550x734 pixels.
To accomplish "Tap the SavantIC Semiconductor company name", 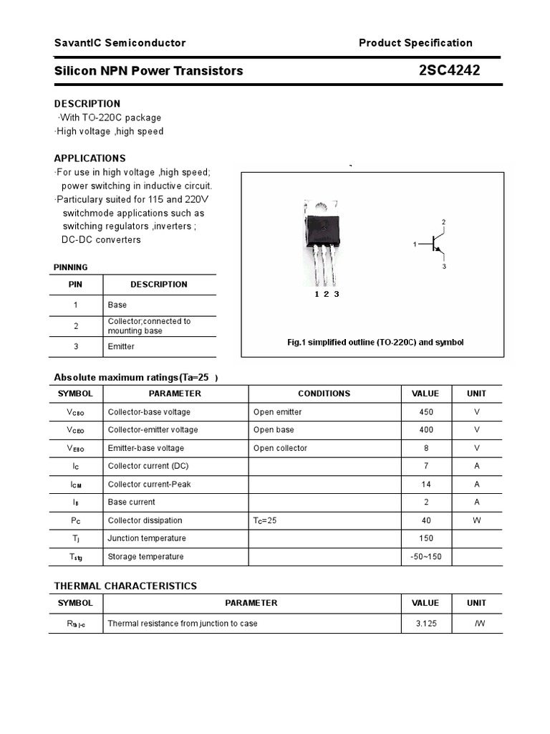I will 120,43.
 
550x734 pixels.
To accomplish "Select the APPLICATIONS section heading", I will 90,158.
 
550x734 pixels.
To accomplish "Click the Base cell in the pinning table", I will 117,305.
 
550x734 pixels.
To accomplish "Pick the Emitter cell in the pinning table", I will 121,346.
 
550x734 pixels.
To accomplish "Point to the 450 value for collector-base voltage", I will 426,412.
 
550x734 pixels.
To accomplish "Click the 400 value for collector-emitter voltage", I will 426,430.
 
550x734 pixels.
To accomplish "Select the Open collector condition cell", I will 280,448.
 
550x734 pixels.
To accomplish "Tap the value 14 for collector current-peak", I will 426,484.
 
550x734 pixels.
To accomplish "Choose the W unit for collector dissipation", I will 476,520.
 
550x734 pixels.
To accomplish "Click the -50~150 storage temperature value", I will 426,556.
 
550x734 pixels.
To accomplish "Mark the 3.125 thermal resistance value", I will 426,624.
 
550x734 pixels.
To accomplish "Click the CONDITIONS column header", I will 324,394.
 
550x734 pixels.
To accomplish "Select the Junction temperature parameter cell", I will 147,538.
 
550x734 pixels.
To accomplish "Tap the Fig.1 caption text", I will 375,343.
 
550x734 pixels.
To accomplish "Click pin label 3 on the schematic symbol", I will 444,267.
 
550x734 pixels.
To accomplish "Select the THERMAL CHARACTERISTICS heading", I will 125,586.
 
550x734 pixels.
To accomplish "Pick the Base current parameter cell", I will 131,502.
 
